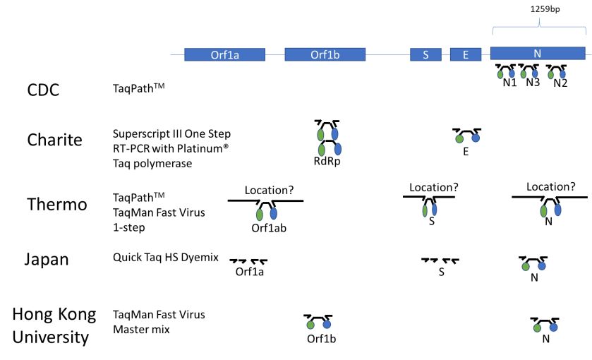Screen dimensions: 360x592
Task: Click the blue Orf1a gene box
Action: pos(224,54)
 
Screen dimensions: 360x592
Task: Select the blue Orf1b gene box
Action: pos(325,54)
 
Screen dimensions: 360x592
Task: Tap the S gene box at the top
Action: pos(425,54)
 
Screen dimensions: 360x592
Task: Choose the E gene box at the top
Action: pos(466,54)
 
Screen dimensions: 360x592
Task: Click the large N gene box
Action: pos(537,54)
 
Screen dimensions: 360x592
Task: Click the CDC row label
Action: pos(43,90)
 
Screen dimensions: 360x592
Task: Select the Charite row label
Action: pos(54,139)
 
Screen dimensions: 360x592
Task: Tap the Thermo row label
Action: pos(56,204)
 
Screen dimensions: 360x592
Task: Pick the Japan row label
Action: pos(47,258)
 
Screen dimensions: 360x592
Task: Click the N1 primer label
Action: pos(509,83)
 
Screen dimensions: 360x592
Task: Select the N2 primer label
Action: pos(560,83)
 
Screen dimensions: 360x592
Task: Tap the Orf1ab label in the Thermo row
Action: pos(268,228)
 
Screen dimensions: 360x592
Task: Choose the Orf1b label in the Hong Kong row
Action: pos(321,339)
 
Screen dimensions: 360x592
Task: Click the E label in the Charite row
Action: pos(466,151)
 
